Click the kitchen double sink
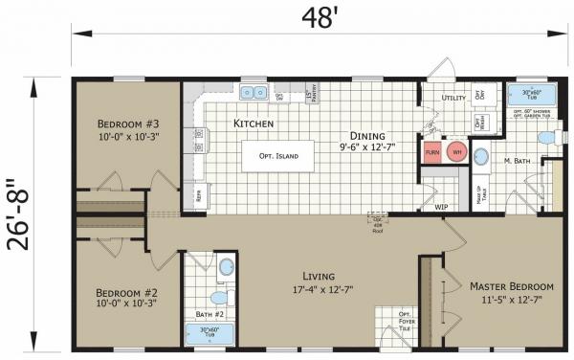click(x=254, y=94)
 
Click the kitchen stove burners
click(x=199, y=137)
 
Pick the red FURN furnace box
click(x=433, y=152)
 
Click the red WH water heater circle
click(x=457, y=152)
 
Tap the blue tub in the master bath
click(x=524, y=95)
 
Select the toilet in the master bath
click(x=546, y=140)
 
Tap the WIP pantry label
click(x=441, y=206)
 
